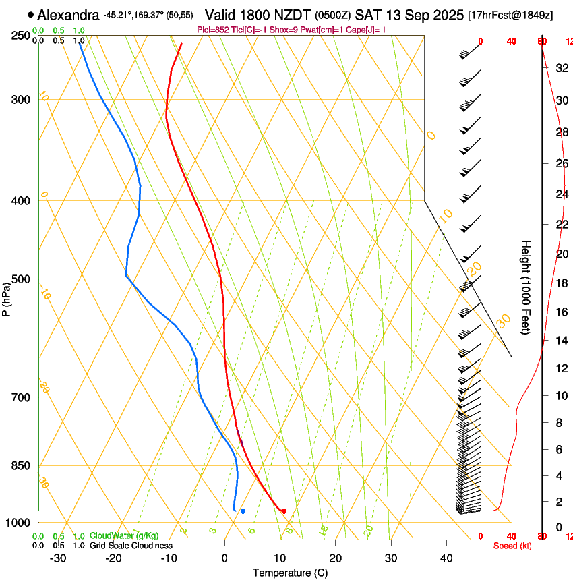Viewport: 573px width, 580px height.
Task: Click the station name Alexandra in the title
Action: (x=69, y=15)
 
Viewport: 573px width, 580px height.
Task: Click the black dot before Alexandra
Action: (x=31, y=14)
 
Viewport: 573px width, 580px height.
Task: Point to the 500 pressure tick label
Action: (x=20, y=279)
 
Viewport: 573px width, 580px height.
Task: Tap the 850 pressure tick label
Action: (x=20, y=465)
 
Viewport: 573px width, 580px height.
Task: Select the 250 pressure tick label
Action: (x=20, y=35)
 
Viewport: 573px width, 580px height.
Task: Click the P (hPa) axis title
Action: (x=7, y=297)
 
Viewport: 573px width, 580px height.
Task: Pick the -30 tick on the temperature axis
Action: (x=58, y=558)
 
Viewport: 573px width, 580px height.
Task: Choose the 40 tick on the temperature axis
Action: (x=446, y=558)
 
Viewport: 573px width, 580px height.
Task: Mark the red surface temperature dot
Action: (x=284, y=511)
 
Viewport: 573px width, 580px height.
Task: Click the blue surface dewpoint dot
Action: (x=243, y=511)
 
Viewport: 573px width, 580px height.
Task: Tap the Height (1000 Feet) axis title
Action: (x=526, y=287)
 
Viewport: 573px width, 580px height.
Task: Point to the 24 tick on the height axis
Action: (x=560, y=195)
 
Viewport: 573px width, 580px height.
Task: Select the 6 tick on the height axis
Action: (x=560, y=449)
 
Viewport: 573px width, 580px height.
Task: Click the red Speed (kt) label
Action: (x=512, y=546)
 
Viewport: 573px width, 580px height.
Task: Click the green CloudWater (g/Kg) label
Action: (x=125, y=536)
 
